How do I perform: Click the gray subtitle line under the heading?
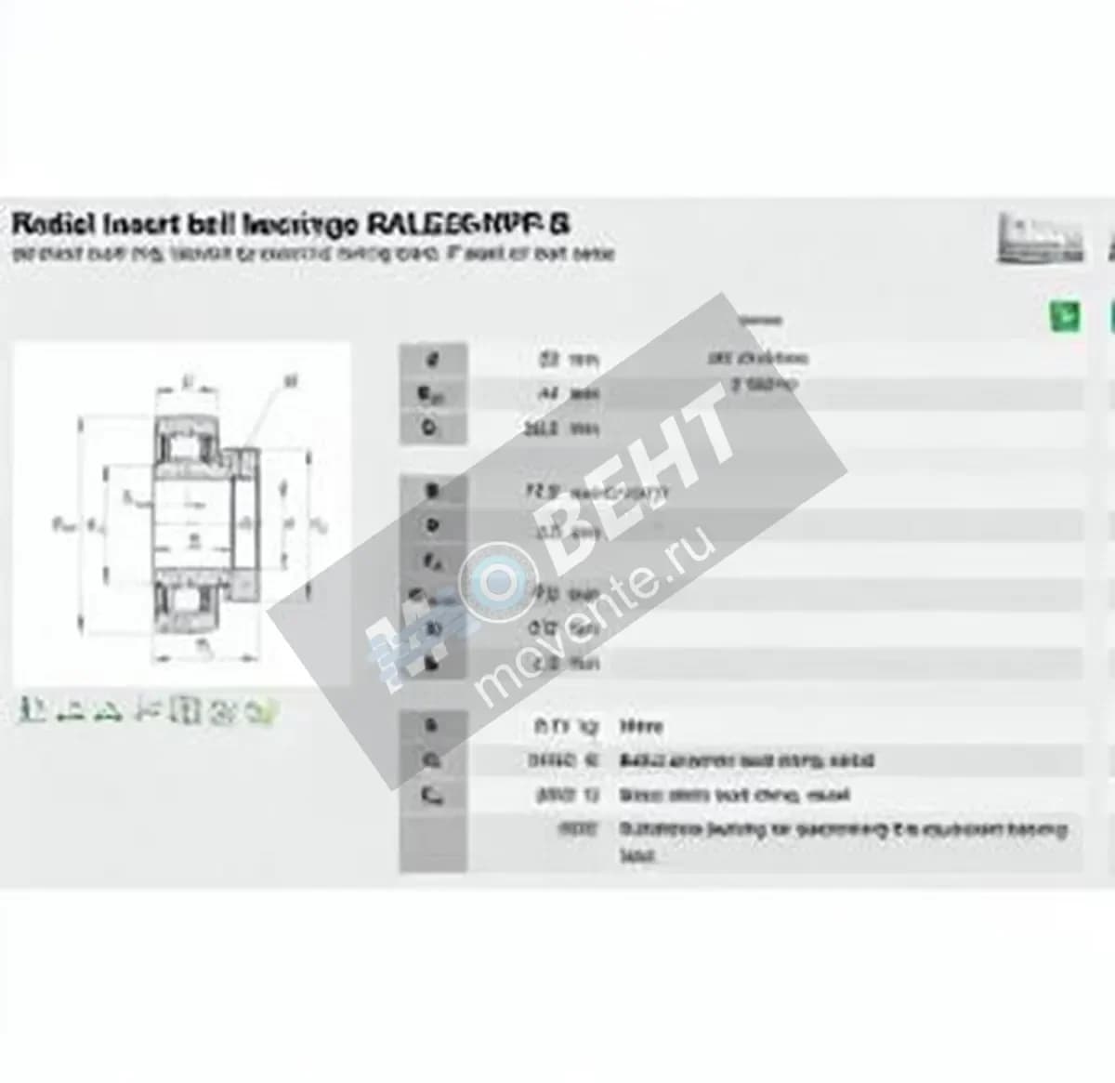pyautogui.click(x=312, y=253)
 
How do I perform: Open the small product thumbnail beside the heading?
pyautogui.click(x=1040, y=237)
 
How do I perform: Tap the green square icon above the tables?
pyautogui.click(x=1065, y=316)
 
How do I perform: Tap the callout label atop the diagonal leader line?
pyautogui.click(x=291, y=379)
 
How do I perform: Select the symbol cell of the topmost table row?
pyautogui.click(x=432, y=359)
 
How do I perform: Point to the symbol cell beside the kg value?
pyautogui.click(x=432, y=726)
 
